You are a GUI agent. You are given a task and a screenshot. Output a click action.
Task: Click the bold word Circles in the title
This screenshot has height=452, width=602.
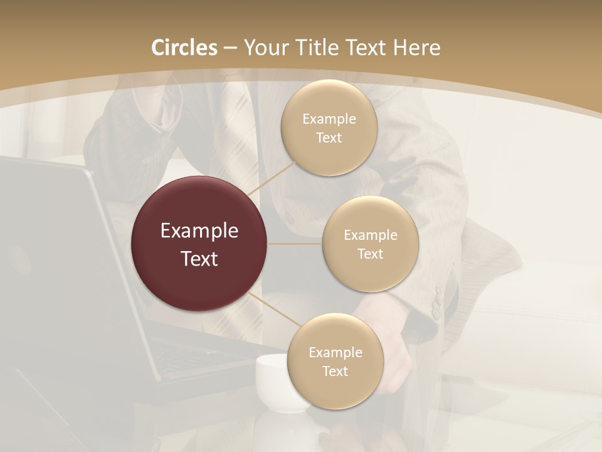coord(184,48)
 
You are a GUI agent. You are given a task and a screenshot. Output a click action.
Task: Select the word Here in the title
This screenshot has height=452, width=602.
coord(416,48)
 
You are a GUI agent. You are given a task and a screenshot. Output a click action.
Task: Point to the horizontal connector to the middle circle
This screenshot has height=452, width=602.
coord(295,244)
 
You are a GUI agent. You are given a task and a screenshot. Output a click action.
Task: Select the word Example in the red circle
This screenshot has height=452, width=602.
coord(199,231)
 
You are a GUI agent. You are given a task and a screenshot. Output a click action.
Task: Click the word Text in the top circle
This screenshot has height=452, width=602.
coord(329,138)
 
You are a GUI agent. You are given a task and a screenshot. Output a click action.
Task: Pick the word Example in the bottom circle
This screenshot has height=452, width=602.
coord(335,353)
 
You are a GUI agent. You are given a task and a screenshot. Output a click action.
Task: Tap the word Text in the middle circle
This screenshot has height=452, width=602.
coord(370,254)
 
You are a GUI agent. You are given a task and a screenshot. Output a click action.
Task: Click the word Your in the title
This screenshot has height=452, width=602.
coord(264,48)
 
